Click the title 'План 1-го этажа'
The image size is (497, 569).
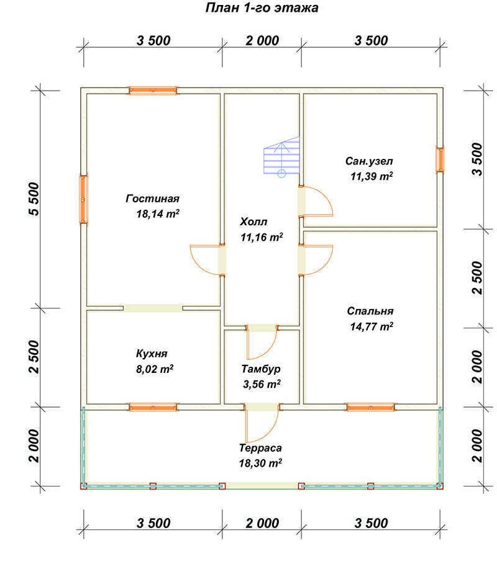click(262, 8)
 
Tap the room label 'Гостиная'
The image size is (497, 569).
click(153, 199)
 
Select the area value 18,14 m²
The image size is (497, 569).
click(158, 213)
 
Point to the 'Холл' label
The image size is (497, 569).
click(253, 222)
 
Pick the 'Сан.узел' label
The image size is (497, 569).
click(369, 161)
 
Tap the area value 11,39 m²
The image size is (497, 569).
click(372, 176)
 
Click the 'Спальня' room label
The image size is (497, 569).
click(370, 311)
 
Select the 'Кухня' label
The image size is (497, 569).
click(152, 354)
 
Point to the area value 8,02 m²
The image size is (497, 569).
click(155, 369)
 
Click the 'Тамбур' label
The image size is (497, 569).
click(261, 369)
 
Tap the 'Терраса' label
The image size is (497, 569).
click(260, 448)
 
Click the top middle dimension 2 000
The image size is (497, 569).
click(262, 41)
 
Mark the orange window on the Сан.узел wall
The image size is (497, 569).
click(440, 159)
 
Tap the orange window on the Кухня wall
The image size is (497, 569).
click(153, 408)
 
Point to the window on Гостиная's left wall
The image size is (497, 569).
click(84, 199)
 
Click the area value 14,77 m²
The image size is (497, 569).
click(372, 326)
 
